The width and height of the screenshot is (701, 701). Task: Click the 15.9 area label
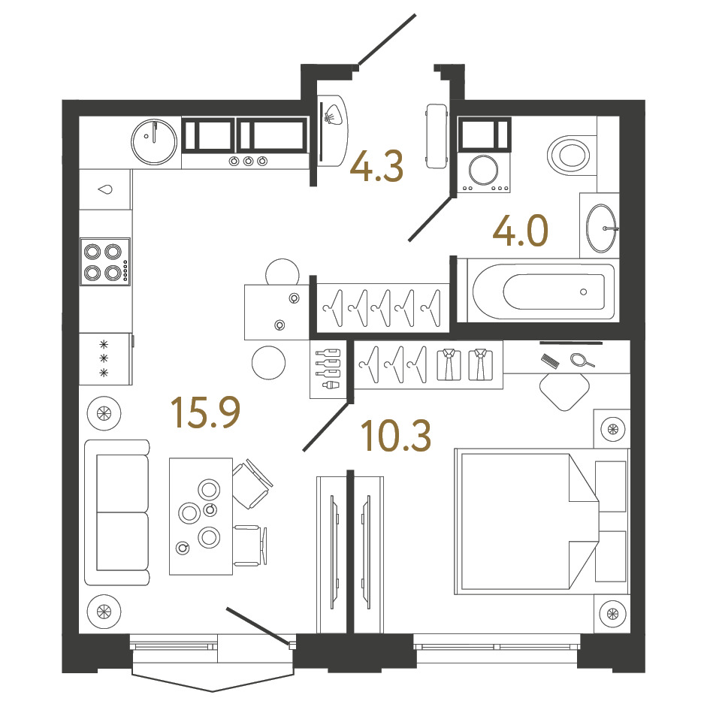(x=206, y=412)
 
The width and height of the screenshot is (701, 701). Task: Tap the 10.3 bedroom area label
(x=396, y=436)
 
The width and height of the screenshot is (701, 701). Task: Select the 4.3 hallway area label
(x=376, y=166)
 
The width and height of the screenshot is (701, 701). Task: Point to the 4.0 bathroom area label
(x=521, y=231)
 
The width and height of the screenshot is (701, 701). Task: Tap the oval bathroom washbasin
(x=601, y=228)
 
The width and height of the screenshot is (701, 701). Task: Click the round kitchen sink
(x=154, y=142)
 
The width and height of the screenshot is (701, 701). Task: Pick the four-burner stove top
(x=105, y=261)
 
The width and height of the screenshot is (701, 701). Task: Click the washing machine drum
(x=483, y=170)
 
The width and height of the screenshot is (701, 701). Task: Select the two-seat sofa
(x=116, y=512)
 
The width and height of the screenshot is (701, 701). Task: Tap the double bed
(x=542, y=521)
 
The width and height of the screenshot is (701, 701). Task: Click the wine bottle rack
(x=328, y=368)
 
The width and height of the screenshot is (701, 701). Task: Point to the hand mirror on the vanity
(x=582, y=360)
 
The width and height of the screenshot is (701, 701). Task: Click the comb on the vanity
(x=550, y=361)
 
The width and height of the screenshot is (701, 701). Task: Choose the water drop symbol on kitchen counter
(x=105, y=189)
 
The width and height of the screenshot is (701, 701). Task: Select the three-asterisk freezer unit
(x=105, y=358)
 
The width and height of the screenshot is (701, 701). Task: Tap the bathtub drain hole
(x=584, y=292)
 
